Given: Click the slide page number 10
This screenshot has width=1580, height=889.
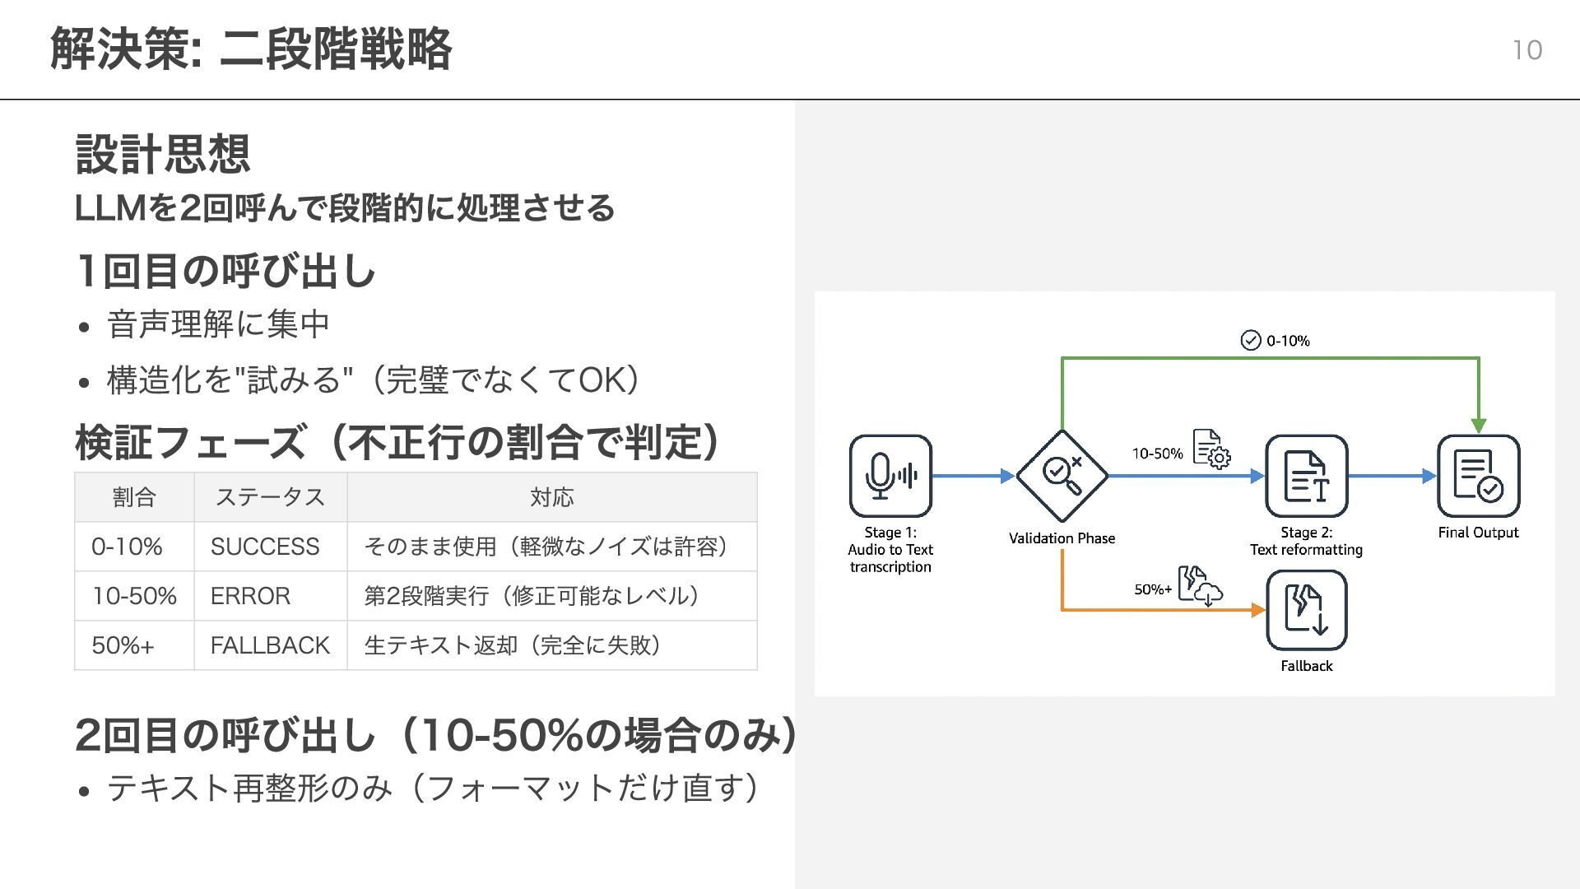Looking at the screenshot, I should click(x=1527, y=50).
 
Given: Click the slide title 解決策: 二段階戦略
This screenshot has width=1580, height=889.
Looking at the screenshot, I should click(x=251, y=49).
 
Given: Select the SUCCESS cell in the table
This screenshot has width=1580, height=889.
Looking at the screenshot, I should click(x=265, y=547).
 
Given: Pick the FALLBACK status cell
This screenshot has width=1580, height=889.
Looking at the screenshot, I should click(x=270, y=645).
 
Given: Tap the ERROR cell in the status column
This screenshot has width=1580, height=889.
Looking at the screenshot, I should click(x=250, y=596).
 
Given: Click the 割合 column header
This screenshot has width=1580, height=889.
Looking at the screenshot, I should click(x=134, y=497).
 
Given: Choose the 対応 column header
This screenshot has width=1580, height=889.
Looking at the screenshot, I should click(x=551, y=497).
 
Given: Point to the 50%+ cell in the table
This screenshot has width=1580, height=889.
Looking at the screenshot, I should click(x=123, y=645).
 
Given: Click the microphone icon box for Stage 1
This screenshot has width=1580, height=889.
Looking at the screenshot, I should click(x=890, y=476).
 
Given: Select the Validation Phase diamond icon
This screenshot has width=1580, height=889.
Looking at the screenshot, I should click(x=1062, y=476).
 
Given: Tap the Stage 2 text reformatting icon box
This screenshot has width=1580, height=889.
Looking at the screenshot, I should click(x=1306, y=476).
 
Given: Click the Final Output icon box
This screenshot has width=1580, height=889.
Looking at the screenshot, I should click(x=1478, y=476).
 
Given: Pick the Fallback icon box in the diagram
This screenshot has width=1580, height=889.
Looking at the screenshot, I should click(x=1306, y=611).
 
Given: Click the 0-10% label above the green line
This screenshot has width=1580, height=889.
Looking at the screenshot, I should click(x=1288, y=341).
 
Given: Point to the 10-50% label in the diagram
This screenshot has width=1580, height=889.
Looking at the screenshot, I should click(x=1157, y=454).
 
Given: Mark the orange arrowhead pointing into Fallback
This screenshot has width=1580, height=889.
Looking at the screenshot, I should click(x=1258, y=610).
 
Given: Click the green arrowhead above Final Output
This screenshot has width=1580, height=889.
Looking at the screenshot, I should click(x=1479, y=426).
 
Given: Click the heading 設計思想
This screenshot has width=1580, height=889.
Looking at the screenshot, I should click(x=163, y=154).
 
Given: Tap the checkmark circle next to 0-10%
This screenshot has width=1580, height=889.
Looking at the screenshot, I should click(x=1250, y=341).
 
